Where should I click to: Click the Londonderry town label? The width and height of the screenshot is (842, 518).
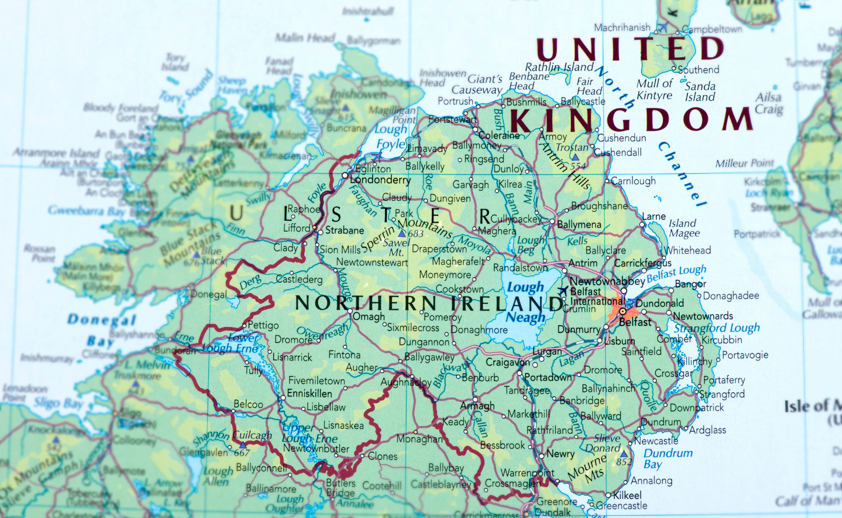(x=380, y=180)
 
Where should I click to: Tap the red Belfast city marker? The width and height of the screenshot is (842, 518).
(x=621, y=311)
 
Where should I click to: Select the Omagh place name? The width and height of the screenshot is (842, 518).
(x=369, y=317)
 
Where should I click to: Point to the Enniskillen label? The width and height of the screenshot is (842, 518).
(x=309, y=394)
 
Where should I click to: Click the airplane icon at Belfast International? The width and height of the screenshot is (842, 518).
(x=563, y=291)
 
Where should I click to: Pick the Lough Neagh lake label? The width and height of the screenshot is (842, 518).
(x=525, y=302)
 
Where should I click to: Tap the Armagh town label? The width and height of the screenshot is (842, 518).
(x=477, y=406)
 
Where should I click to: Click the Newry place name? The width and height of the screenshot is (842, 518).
(x=560, y=454)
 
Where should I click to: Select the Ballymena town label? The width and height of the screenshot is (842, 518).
(x=579, y=225)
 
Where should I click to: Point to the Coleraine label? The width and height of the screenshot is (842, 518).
(x=499, y=135)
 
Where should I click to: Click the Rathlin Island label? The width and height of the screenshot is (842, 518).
(x=559, y=67)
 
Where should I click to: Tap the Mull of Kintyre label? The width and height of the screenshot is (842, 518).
(x=654, y=90)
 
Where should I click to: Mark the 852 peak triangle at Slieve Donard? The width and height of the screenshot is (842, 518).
(x=624, y=454)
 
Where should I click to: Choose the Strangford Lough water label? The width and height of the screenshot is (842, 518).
(x=717, y=328)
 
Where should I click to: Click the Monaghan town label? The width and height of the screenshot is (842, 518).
(x=419, y=439)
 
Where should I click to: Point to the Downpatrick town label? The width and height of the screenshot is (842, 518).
(x=697, y=408)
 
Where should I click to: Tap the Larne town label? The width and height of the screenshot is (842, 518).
(x=654, y=216)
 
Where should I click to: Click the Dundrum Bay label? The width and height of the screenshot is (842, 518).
(x=667, y=458)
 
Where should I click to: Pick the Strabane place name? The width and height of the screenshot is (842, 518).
(x=345, y=230)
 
